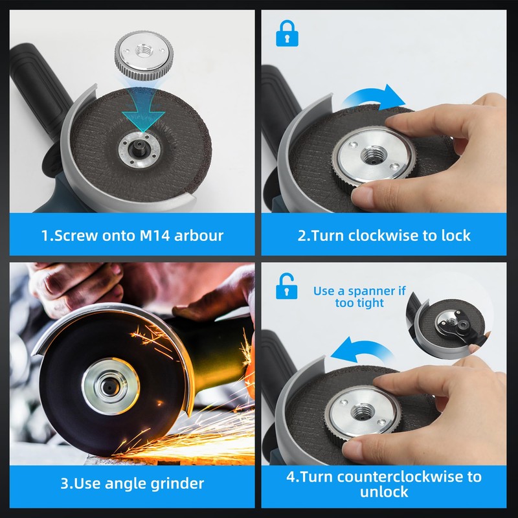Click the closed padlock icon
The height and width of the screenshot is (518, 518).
pos(287,34)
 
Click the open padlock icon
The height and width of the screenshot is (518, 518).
pos(286,286)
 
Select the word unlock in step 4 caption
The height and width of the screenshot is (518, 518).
pos(384,492)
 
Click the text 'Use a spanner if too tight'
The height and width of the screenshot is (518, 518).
pos(359,297)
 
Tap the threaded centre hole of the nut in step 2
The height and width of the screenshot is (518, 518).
pos(373,155)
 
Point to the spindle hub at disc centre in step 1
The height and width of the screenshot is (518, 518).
pos(140,149)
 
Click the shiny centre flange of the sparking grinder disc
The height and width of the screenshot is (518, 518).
pos(110,386)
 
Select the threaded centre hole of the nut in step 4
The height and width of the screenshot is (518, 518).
pos(363,412)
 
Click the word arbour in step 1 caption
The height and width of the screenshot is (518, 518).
pos(199,236)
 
